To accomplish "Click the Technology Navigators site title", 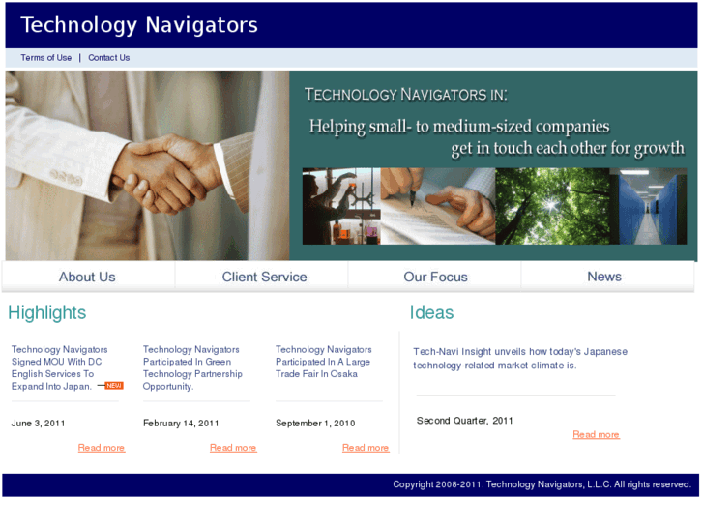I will (139, 25).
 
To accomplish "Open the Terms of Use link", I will (46, 58).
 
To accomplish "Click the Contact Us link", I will (108, 58).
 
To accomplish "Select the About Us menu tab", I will (87, 277).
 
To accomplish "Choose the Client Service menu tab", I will (264, 277).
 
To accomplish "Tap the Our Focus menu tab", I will (435, 277).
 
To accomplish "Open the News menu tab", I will (604, 277).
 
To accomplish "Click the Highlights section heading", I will (46, 312).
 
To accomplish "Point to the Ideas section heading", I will (431, 312).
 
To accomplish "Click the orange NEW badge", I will (114, 386).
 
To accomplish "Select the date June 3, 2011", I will (39, 423).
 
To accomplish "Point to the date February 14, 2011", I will (181, 423).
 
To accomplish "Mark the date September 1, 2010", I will (315, 423).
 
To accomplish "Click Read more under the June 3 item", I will (102, 448).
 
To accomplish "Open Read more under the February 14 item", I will (233, 448).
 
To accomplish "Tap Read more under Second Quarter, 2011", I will (596, 435).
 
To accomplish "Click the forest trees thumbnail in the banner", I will (552, 206).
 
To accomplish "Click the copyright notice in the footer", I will (542, 484).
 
